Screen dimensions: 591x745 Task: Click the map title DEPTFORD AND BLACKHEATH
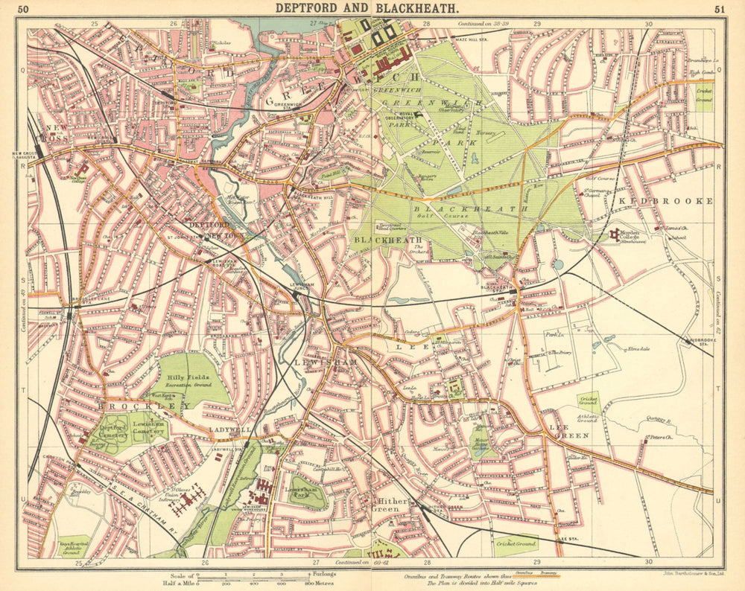click(x=367, y=8)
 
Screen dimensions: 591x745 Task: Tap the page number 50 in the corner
click(x=24, y=9)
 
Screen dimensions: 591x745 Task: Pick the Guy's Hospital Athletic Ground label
click(x=72, y=549)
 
